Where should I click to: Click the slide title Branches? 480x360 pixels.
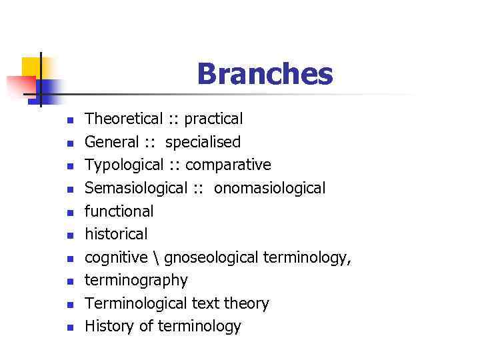(265, 74)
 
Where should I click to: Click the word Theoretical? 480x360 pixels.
(124, 119)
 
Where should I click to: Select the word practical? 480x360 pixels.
(213, 120)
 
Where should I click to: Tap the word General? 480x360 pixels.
(112, 143)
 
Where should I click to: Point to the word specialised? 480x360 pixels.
(203, 143)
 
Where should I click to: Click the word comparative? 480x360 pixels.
(228, 165)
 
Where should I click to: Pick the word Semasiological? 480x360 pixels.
(136, 189)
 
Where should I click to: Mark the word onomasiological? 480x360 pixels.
(269, 189)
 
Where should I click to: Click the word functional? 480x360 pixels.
(119, 211)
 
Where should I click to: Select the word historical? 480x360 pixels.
(117, 234)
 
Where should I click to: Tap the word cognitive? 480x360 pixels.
(117, 257)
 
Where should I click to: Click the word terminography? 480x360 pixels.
(137, 281)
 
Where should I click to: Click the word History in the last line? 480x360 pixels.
(110, 327)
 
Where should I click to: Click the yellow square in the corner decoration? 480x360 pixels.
(31, 67)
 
